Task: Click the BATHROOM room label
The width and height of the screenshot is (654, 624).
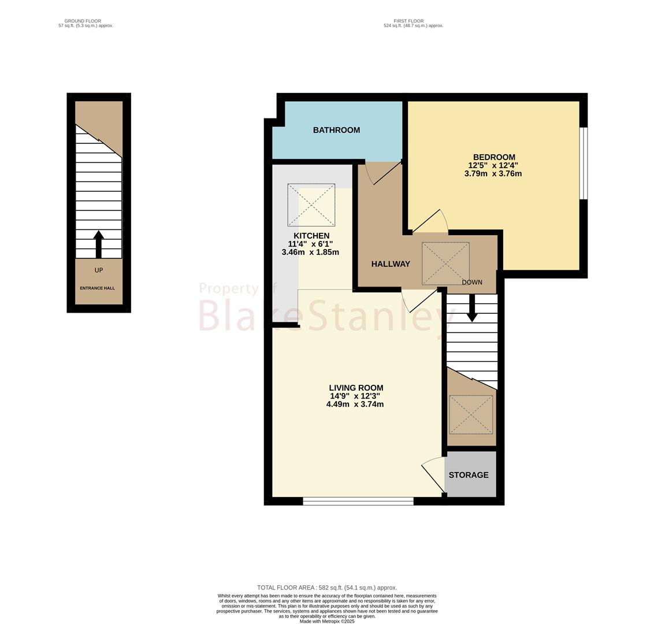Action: tap(336, 130)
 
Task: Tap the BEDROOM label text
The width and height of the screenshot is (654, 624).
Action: tap(494, 157)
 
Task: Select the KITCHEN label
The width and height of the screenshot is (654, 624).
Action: tap(311, 236)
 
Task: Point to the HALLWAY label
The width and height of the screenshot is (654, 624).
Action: tap(391, 264)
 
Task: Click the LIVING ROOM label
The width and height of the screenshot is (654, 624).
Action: tap(356, 388)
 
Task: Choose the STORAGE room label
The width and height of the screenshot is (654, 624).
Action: tap(469, 475)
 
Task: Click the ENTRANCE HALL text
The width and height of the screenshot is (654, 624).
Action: tap(97, 288)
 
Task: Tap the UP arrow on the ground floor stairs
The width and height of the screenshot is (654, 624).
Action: tap(98, 244)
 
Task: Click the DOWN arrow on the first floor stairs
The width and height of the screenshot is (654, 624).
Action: tap(472, 309)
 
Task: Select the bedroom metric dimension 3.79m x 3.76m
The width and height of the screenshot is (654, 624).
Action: tap(493, 173)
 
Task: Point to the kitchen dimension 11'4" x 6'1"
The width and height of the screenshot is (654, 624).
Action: tap(310, 244)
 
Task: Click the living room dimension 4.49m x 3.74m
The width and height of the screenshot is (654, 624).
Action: tap(355, 404)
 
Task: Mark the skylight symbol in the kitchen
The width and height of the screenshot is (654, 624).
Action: tap(311, 205)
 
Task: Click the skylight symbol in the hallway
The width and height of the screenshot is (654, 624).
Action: tap(445, 264)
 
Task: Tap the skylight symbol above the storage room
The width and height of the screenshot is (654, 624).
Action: tap(470, 415)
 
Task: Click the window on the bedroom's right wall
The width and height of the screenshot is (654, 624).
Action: tap(584, 163)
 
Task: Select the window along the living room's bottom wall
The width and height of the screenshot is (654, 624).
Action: tap(358, 502)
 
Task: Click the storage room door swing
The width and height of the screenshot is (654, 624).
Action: tap(433, 476)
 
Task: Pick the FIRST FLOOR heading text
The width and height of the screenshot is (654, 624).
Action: tap(408, 21)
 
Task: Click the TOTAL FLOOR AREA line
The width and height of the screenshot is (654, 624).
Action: tap(327, 588)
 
